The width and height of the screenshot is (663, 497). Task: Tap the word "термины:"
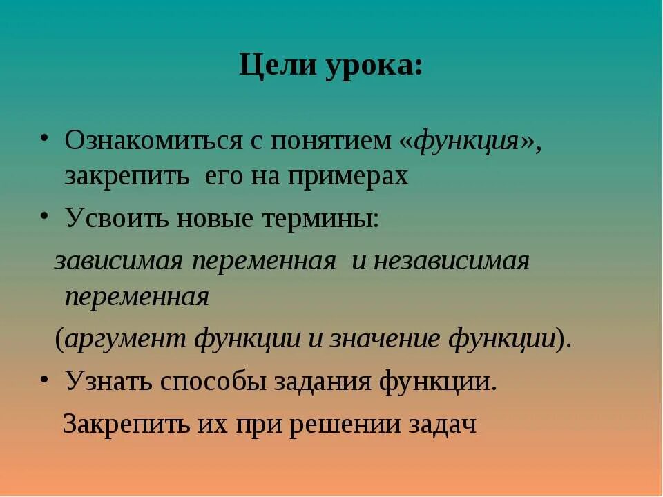[320, 219]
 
